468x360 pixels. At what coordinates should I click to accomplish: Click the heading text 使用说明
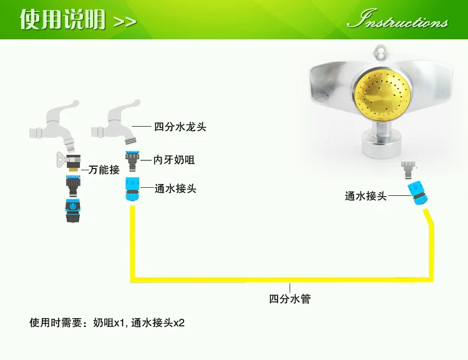62,19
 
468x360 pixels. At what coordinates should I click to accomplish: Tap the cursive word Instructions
397,20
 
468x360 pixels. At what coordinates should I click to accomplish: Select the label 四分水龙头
180,127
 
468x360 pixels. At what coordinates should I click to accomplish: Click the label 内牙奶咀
174,160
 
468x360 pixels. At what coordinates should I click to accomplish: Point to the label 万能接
104,170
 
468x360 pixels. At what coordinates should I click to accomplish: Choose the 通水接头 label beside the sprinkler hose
366,196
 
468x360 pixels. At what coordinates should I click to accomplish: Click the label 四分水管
290,299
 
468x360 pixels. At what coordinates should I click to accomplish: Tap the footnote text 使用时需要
56,323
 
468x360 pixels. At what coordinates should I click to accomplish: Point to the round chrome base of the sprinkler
381,146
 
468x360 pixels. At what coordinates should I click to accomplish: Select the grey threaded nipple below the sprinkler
408,170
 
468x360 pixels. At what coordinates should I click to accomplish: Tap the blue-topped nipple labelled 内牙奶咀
132,161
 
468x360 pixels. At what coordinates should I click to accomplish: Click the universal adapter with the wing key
69,162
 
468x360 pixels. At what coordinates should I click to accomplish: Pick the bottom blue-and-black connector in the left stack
73,210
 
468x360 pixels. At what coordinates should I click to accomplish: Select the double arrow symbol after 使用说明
125,21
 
